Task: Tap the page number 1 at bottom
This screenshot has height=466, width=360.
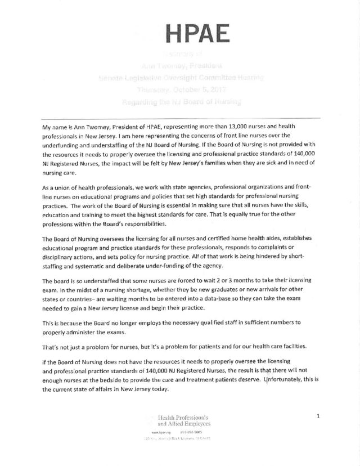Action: coord(318,417)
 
